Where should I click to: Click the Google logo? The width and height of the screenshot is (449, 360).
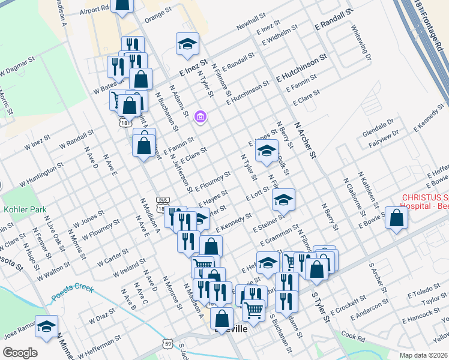click(x=20, y=352)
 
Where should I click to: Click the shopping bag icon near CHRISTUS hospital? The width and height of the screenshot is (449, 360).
click(x=397, y=219)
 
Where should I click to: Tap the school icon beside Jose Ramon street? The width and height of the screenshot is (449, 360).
click(x=46, y=327)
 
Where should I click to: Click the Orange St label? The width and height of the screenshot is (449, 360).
click(x=158, y=16)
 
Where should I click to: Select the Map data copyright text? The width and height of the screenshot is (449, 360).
click(x=423, y=355)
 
